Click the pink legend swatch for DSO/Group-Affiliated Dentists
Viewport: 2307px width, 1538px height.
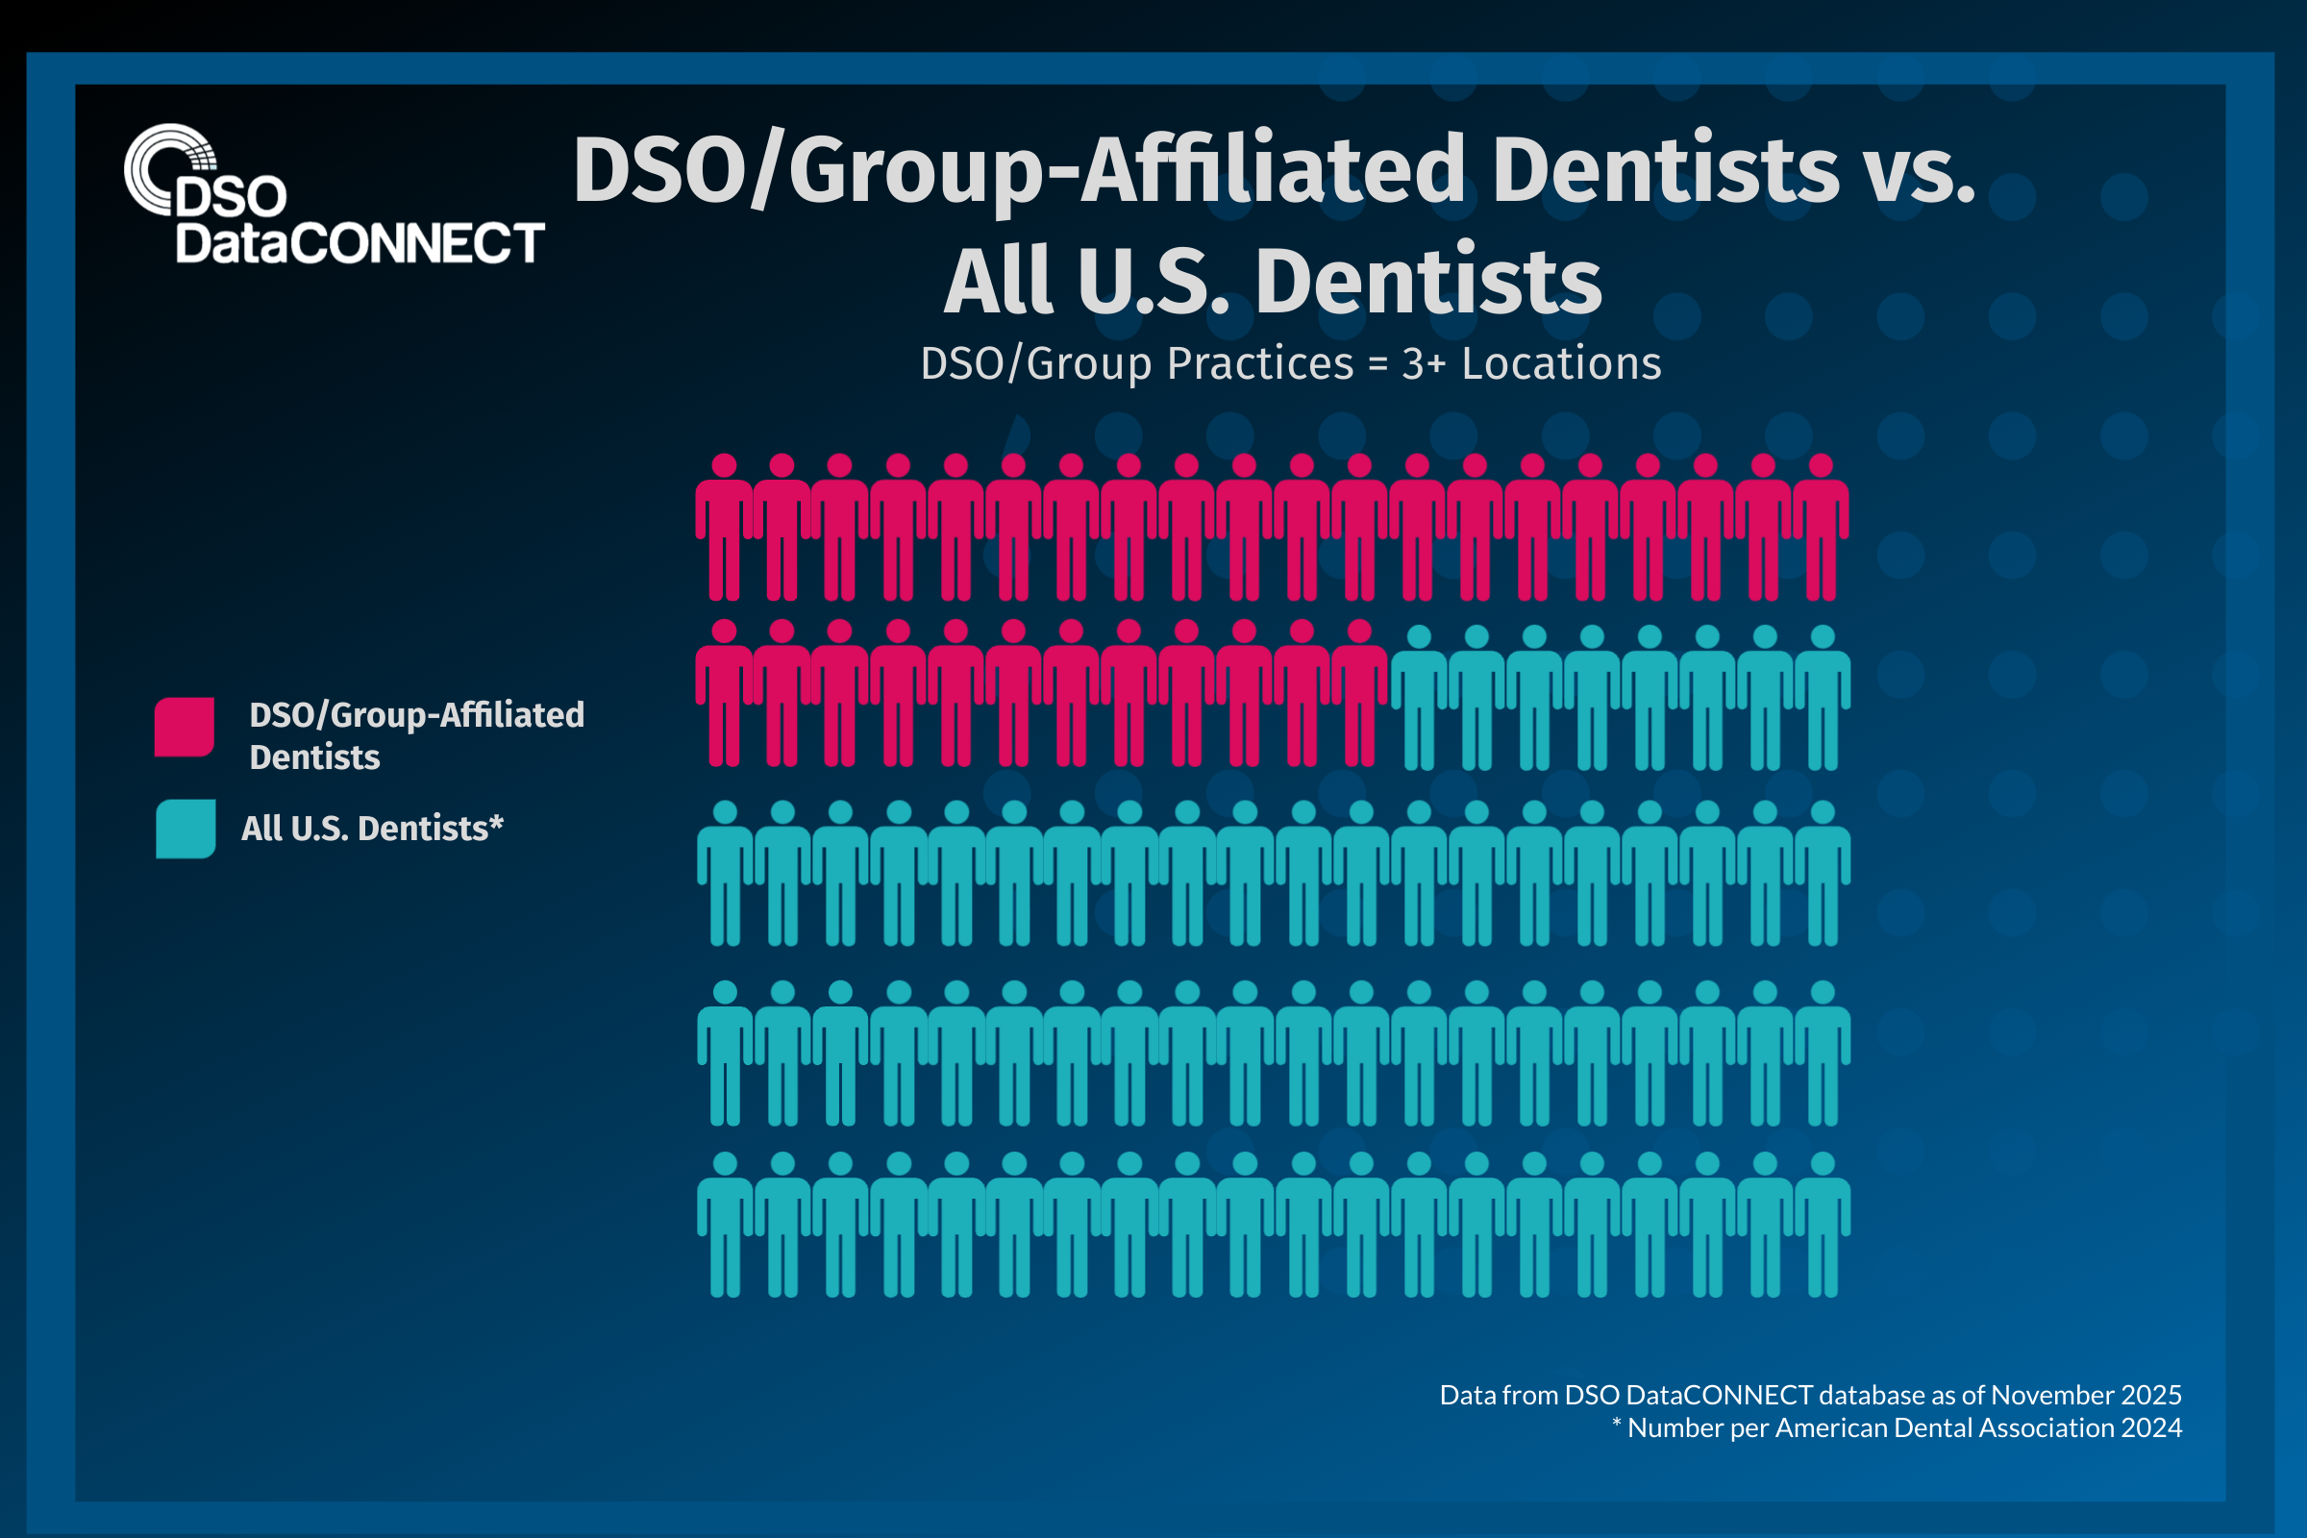(x=185, y=727)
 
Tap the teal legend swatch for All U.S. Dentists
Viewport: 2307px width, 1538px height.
(x=186, y=829)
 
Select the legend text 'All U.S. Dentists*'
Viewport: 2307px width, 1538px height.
(x=372, y=829)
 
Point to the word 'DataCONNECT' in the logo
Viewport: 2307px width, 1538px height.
(x=360, y=243)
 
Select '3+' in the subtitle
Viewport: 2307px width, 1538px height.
(x=1424, y=364)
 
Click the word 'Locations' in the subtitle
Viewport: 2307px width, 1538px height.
(x=1561, y=364)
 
